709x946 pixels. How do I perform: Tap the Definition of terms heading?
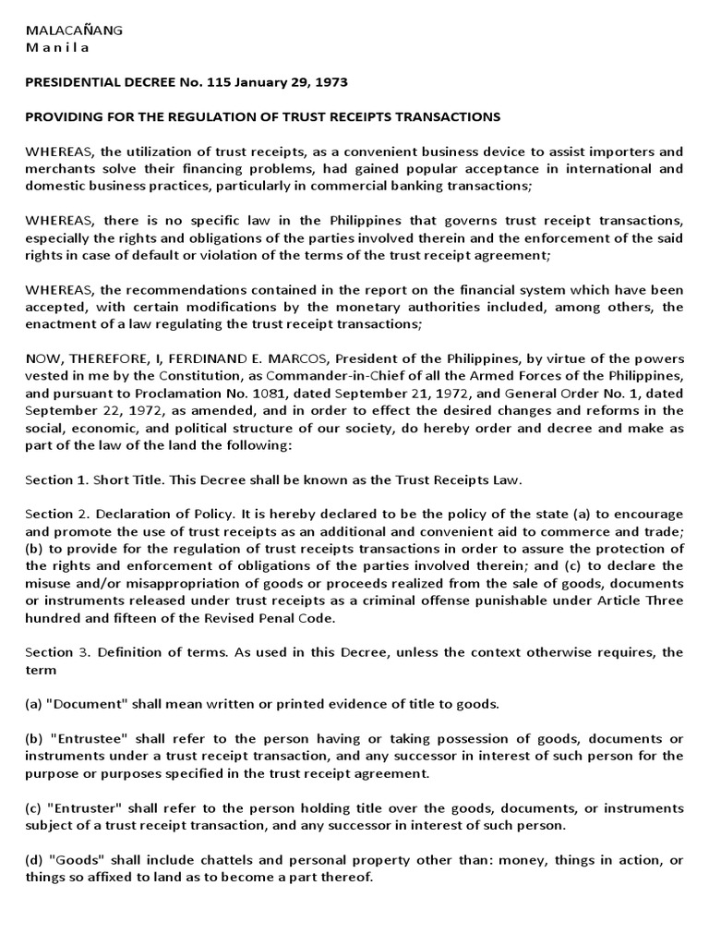pos(152,652)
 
